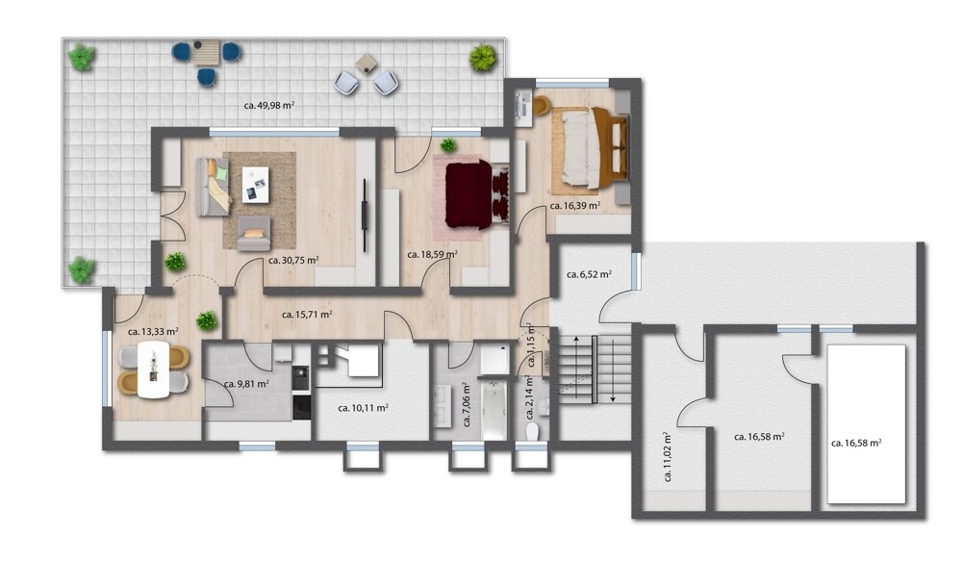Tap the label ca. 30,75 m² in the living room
tap(293, 260)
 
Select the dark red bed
tap(468, 195)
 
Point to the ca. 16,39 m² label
tap(575, 206)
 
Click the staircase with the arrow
tap(592, 369)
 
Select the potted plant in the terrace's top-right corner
tap(483, 59)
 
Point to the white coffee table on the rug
tap(255, 184)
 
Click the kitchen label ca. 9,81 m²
tap(245, 384)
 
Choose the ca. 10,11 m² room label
tap(363, 407)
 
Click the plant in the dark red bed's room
tap(447, 146)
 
